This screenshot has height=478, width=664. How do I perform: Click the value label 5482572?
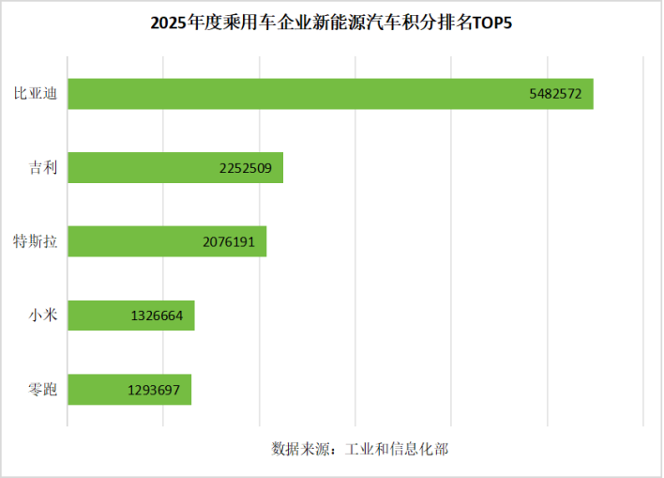(556, 94)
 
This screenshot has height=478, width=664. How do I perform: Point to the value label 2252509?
(245, 168)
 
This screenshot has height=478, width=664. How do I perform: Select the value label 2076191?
(229, 241)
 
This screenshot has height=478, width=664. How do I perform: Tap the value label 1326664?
(157, 316)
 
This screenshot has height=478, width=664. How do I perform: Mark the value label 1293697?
(154, 390)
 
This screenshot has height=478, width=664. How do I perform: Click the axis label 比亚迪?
(35, 94)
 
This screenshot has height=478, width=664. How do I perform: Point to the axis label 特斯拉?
(35, 241)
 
